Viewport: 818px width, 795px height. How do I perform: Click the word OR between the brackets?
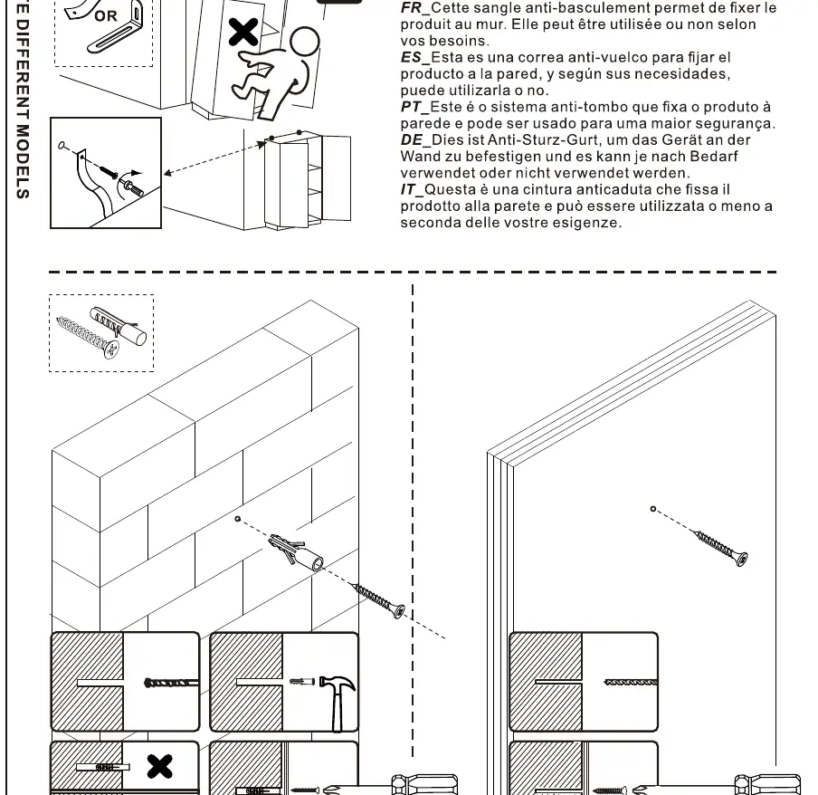106,16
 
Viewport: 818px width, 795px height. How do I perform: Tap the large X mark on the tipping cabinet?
243,33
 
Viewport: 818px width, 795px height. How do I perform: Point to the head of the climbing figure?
305,42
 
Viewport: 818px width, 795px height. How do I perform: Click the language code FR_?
415,8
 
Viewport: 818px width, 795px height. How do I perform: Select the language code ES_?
415,57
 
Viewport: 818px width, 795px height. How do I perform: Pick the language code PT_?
414,107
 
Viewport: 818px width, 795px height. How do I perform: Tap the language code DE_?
415,140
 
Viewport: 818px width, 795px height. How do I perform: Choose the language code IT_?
412,189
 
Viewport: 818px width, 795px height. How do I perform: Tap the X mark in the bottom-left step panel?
159,767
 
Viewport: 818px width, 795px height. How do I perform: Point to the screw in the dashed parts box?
87,337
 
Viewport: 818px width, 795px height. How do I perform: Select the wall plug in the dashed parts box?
119,326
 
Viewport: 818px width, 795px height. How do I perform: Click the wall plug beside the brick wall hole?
296,551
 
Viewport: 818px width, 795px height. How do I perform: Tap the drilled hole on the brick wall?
238,519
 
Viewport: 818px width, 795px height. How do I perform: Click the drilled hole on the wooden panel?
653,509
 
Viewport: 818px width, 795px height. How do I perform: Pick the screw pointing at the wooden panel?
720,547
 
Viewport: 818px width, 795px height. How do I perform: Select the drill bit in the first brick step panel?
171,683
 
